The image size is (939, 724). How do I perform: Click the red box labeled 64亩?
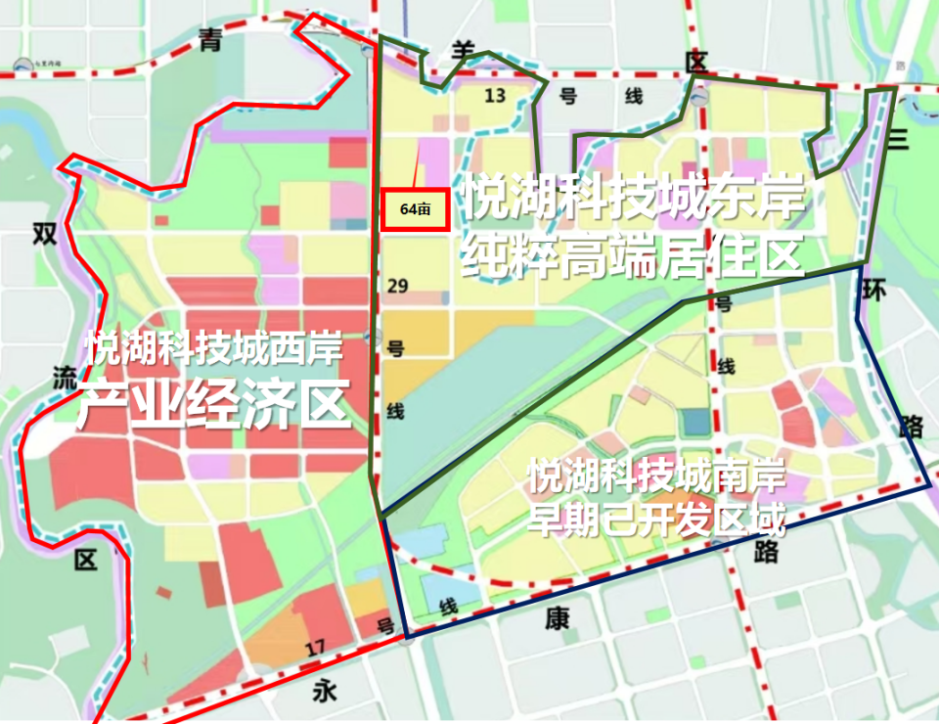[415, 208]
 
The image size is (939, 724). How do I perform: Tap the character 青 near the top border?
[208, 40]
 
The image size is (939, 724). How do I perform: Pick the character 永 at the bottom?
[325, 692]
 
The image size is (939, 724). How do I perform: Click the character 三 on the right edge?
[898, 138]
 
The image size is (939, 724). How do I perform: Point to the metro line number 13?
[496, 95]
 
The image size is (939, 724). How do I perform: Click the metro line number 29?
[397, 285]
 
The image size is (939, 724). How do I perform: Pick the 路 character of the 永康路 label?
[765, 552]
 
